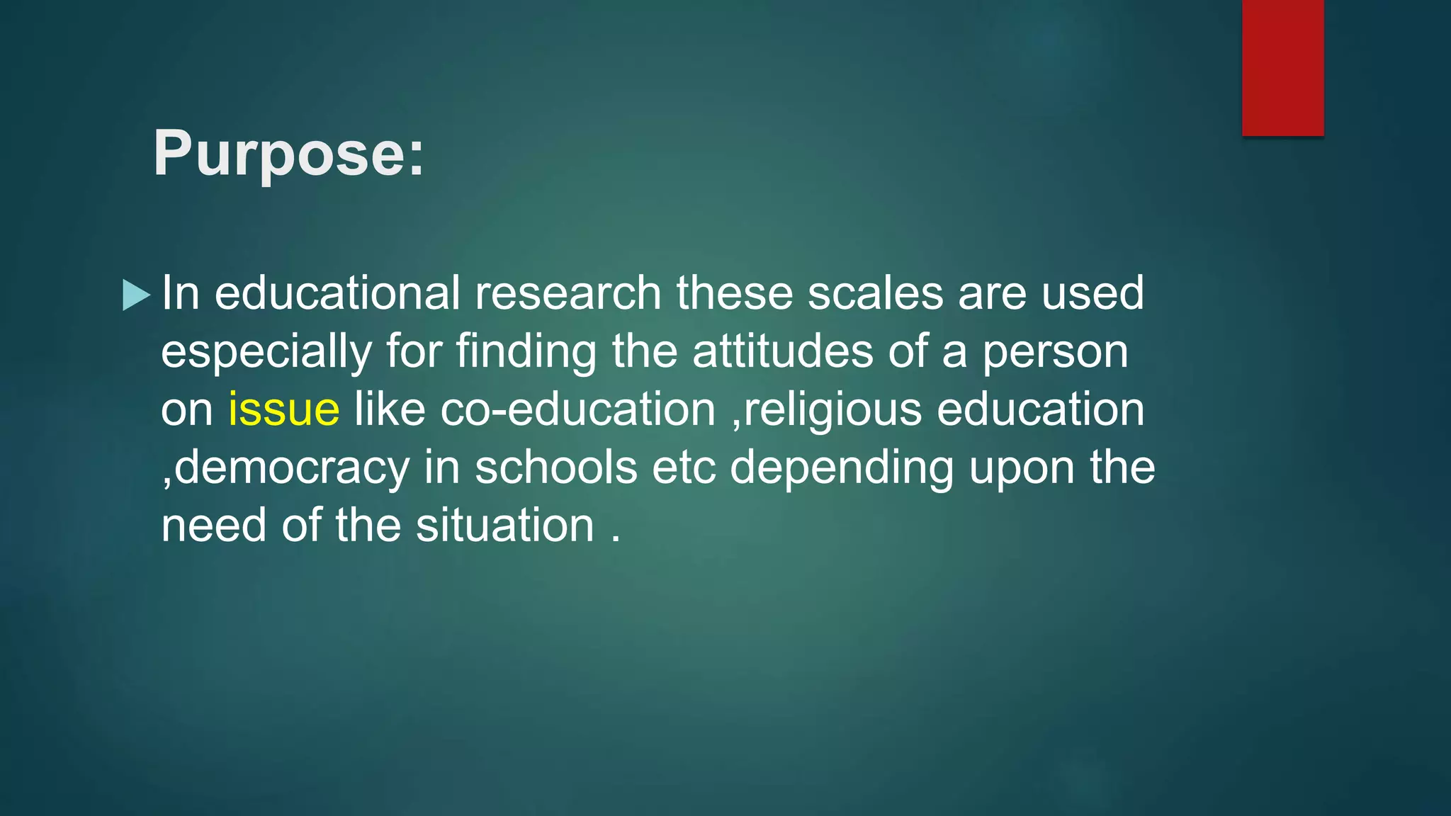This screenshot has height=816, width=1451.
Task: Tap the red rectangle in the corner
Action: point(1282,67)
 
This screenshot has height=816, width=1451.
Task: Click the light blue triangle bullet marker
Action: point(136,295)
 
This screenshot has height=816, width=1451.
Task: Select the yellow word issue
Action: point(283,410)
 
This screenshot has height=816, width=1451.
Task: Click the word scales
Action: point(876,293)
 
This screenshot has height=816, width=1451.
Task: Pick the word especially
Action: point(266,353)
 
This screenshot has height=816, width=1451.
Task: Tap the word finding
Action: point(526,352)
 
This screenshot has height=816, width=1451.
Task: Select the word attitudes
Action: point(783,352)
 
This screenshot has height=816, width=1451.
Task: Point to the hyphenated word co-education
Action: point(578,410)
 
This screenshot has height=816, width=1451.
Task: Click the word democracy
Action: point(292,469)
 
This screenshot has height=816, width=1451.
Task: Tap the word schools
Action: point(556,468)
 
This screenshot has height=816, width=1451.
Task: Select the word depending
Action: point(842,469)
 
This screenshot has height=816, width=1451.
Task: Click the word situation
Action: point(505,526)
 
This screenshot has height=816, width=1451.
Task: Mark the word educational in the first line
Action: point(337,293)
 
